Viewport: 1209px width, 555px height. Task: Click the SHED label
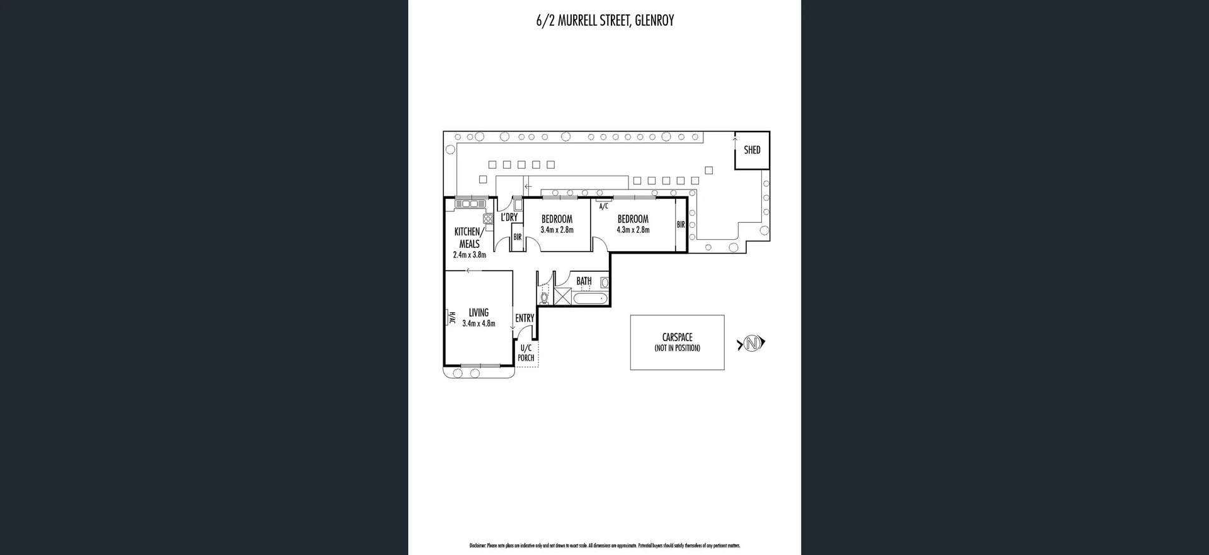pyautogui.click(x=752, y=150)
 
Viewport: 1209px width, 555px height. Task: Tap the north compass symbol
pyautogui.click(x=751, y=344)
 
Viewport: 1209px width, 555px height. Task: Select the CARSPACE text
pyautogui.click(x=677, y=337)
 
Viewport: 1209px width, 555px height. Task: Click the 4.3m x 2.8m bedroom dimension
pyautogui.click(x=633, y=230)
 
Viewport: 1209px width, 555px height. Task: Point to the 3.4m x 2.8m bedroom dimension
pyautogui.click(x=557, y=230)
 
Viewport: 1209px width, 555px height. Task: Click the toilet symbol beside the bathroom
pyautogui.click(x=545, y=297)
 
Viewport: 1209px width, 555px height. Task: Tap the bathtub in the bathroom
pyautogui.click(x=590, y=298)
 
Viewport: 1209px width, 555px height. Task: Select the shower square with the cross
pyautogui.click(x=562, y=296)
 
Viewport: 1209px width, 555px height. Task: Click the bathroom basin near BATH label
pyautogui.click(x=604, y=283)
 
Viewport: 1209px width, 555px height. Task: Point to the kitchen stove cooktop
pyautogui.click(x=488, y=219)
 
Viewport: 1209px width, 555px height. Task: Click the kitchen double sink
pyautogui.click(x=470, y=204)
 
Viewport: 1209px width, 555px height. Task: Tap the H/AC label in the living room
pyautogui.click(x=451, y=318)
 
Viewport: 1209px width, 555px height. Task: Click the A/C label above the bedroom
pyautogui.click(x=603, y=206)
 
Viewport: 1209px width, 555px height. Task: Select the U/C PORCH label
pyautogui.click(x=526, y=353)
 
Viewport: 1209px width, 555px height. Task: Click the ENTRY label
pyautogui.click(x=525, y=318)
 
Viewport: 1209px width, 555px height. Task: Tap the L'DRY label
pyautogui.click(x=509, y=218)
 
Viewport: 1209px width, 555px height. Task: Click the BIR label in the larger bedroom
pyautogui.click(x=681, y=225)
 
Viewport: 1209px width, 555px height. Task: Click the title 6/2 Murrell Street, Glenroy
pyautogui.click(x=604, y=21)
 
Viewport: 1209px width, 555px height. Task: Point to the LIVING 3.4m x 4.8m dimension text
pyautogui.click(x=479, y=323)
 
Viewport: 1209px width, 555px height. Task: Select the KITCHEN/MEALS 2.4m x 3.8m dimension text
pyautogui.click(x=469, y=255)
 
